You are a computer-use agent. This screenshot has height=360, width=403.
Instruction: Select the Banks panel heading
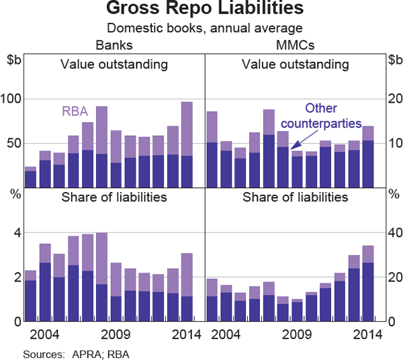click(x=114, y=46)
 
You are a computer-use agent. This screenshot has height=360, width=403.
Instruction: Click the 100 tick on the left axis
click(x=13, y=99)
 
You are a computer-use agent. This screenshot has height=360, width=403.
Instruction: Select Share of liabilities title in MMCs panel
click(x=296, y=197)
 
